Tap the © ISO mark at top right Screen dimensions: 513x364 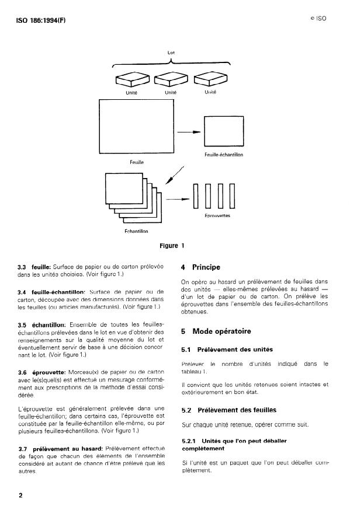coord(318,19)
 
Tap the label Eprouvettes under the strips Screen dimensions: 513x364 coord(217,215)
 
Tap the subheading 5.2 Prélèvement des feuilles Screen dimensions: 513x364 coord(228,410)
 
